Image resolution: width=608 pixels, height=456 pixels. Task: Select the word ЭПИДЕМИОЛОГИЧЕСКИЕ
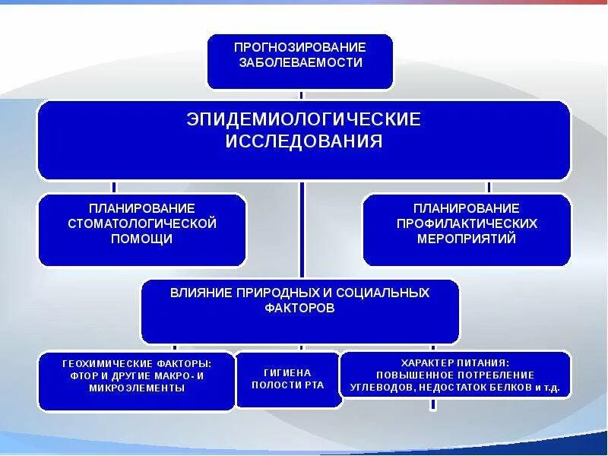[303, 120]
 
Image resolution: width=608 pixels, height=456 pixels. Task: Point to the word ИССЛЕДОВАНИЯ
[303, 142]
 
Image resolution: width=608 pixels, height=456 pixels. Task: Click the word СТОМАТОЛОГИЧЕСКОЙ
[142, 223]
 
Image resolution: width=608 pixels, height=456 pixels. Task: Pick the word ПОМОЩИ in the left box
[142, 239]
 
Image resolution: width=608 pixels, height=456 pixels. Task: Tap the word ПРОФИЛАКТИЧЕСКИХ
[467, 223]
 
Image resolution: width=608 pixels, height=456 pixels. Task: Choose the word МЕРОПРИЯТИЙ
[467, 239]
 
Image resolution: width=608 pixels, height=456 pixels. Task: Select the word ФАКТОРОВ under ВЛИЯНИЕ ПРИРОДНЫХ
[299, 309]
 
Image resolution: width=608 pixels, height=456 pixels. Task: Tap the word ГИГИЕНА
[288, 372]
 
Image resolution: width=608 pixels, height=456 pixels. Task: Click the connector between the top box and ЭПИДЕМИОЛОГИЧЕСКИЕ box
[302, 96]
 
